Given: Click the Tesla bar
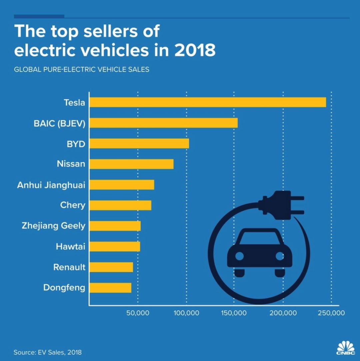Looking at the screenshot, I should coord(207,102).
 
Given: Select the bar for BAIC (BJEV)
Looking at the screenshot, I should coord(163,123).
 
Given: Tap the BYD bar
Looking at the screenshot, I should coord(139,144).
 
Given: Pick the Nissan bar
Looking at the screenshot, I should coord(131,164).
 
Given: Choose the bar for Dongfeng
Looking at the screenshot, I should coord(110,287).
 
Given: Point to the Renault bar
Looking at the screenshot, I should coord(111,267).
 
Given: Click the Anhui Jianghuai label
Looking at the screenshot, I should coord(51,185).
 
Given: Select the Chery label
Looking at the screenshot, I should coord(72,205).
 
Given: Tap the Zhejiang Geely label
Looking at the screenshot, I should coord(53,226).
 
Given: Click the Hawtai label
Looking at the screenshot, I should coord(70,246).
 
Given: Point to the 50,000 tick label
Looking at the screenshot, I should coord(137,313).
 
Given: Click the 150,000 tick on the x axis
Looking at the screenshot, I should coord(234,313).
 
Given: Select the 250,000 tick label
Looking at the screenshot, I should coord(331,313).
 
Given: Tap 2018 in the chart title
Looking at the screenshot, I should coord(195,50).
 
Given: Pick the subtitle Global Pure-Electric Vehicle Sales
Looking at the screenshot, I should coord(81,70).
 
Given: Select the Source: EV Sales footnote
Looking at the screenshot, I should coord(47,352).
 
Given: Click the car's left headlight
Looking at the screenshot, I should coord(239,256).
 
